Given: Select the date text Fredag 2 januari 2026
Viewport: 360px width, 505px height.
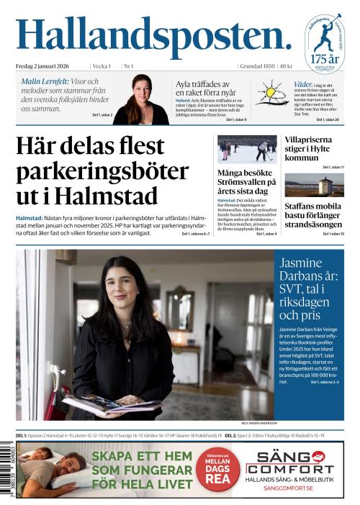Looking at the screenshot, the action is click(48, 66).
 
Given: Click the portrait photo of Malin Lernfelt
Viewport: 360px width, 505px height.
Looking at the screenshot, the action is click(141, 99).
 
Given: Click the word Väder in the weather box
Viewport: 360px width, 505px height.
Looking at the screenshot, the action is click(302, 84).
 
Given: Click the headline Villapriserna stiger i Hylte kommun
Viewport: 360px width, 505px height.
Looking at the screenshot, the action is click(313, 148).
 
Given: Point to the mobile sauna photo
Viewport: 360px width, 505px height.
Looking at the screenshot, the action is click(313, 185).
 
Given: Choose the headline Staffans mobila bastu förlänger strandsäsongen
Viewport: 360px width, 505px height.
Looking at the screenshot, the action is click(314, 214).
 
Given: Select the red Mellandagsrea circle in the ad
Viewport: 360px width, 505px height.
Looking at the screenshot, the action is click(217, 469).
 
